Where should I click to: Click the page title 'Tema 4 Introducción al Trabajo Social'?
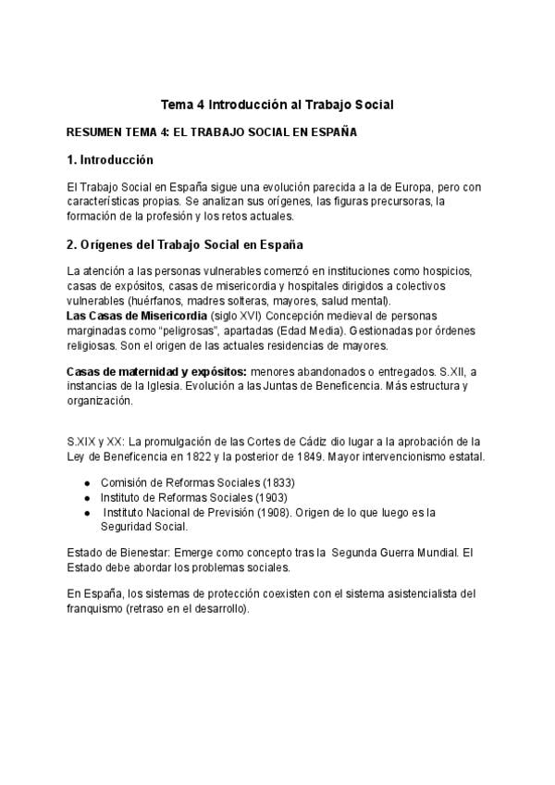pyautogui.click(x=277, y=105)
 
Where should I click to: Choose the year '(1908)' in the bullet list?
pyautogui.click(x=268, y=512)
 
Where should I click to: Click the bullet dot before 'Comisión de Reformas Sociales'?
pyautogui.click(x=87, y=483)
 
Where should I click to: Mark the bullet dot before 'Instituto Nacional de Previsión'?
pyautogui.click(x=87, y=512)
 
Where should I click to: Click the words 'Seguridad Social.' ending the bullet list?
pyautogui.click(x=143, y=527)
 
